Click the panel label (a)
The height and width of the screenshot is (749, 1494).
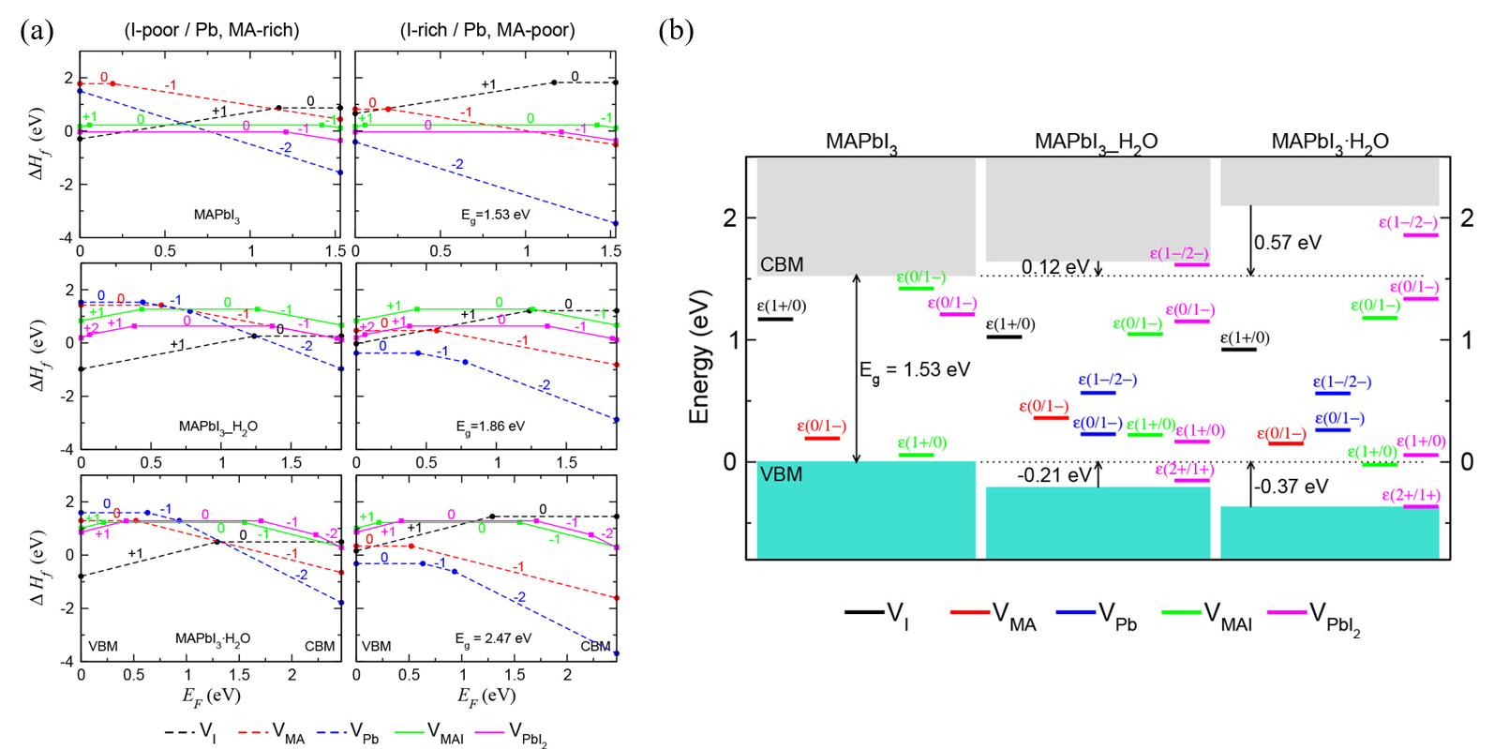point(37,31)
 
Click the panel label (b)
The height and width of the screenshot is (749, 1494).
point(676,31)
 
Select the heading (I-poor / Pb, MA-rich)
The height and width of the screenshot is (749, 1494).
point(212,30)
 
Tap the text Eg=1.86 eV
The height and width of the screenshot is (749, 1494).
point(490,427)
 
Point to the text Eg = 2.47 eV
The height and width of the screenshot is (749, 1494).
point(493,638)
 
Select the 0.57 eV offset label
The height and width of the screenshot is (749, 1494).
point(1288,243)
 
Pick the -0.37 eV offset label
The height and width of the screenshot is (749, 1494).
point(1291,487)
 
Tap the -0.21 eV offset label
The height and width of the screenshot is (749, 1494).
point(1054,475)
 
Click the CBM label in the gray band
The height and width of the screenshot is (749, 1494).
point(782,265)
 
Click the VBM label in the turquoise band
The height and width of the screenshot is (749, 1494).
point(781,474)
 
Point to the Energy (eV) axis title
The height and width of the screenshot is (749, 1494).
point(699,358)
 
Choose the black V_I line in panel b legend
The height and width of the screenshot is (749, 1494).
point(864,612)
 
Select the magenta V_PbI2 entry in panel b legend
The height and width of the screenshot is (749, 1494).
point(1287,612)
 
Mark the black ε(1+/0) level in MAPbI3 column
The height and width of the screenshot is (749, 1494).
point(775,320)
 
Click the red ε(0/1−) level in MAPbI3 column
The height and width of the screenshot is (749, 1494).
point(822,438)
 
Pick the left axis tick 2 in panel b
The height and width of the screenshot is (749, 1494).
point(729,218)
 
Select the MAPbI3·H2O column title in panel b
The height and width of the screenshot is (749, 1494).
point(1329,142)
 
